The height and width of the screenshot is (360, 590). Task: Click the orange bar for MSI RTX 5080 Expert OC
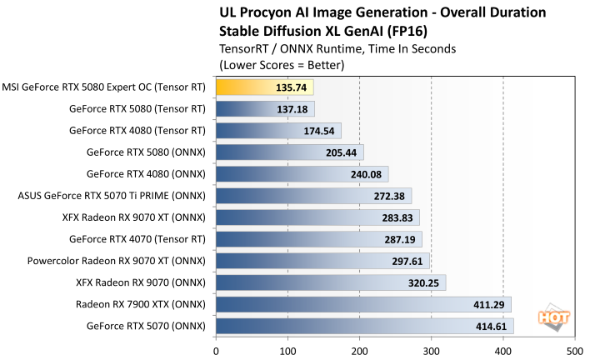point(264,86)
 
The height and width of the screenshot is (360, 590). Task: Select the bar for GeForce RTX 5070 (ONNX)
point(364,326)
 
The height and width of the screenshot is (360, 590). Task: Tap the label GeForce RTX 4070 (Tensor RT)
point(137,239)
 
